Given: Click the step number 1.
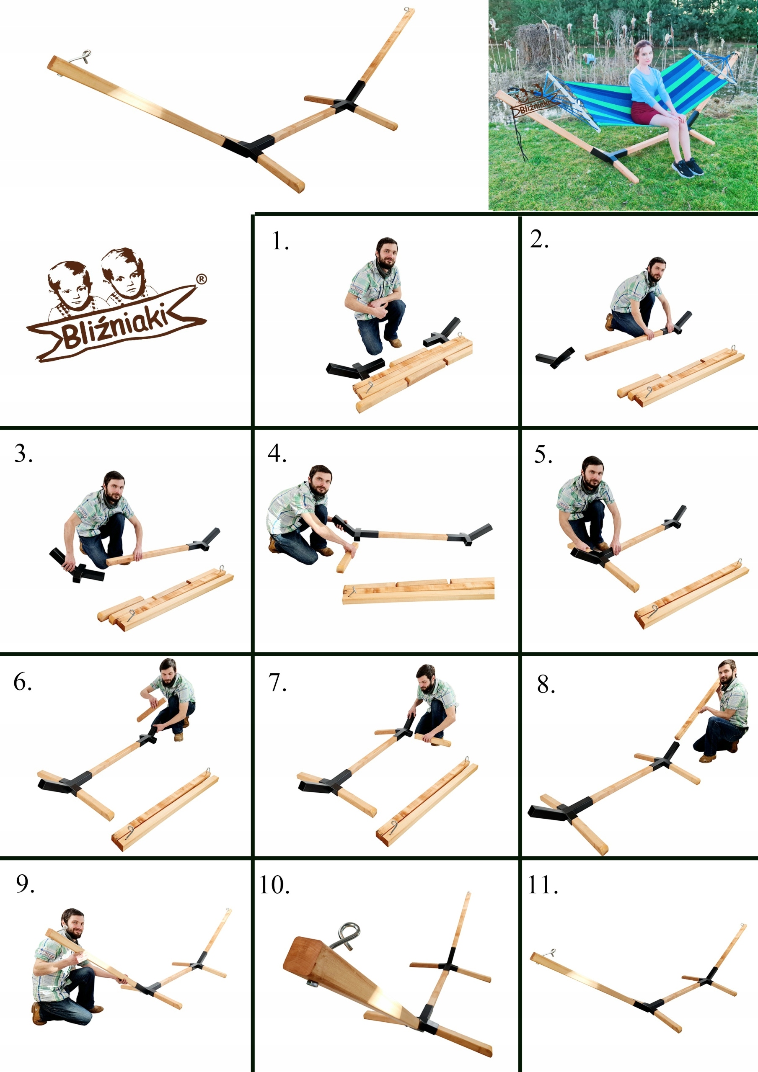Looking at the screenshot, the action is pyautogui.click(x=280, y=241).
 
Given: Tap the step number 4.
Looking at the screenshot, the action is pyautogui.click(x=277, y=454).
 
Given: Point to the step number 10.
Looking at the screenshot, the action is pyautogui.click(x=274, y=885).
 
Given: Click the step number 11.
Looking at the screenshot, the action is pyautogui.click(x=543, y=885).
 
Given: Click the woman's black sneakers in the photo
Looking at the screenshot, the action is pyautogui.click(x=688, y=167).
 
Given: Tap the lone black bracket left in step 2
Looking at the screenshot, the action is pyautogui.click(x=555, y=357).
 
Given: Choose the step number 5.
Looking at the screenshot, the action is pyautogui.click(x=543, y=454).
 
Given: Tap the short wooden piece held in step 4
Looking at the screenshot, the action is pyautogui.click(x=346, y=557).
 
